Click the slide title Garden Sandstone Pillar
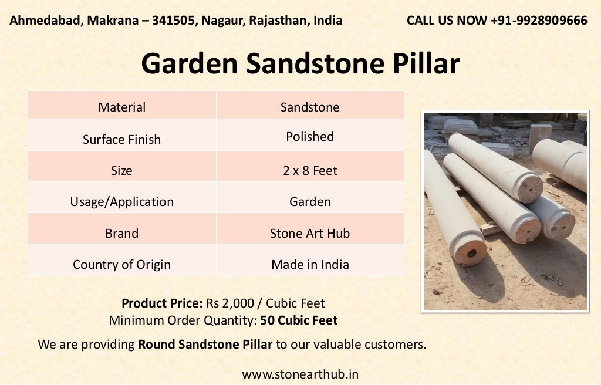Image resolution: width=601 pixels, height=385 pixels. coord(300,63)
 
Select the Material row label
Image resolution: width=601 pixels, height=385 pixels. coord(121,107)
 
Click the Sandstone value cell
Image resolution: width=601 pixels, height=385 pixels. coord(310,107)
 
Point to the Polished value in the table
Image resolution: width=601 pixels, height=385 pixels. coord(310,136)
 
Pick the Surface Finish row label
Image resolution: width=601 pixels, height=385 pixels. coord(121,139)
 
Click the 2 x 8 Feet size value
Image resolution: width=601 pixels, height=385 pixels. coord(310,171)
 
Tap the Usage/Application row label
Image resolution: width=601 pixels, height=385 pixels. coord(121,201)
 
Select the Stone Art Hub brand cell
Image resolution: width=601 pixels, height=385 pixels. coord(310,233)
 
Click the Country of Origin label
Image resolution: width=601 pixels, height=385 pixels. coord(121,264)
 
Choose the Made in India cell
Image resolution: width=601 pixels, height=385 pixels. coord(310,264)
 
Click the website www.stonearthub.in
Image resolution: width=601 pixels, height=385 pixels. coord(300,374)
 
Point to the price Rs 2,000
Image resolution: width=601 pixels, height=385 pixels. coord(229,303)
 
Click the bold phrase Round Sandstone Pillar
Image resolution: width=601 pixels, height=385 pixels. coord(205,344)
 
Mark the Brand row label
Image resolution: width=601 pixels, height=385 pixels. coord(121,233)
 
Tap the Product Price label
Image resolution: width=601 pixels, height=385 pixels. coord(162,303)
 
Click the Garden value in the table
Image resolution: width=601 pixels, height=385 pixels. coord(310,201)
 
